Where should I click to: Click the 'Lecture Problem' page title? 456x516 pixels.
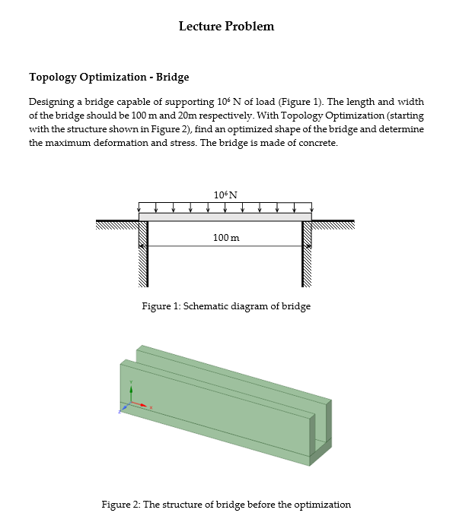click(226, 27)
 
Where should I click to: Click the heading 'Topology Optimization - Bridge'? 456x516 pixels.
click(109, 77)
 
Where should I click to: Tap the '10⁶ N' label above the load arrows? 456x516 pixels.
click(226, 195)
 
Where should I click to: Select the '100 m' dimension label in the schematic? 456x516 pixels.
click(226, 238)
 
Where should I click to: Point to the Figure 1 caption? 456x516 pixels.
click(226, 306)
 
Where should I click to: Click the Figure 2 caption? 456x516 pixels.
click(226, 504)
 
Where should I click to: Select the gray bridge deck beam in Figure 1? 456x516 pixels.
click(225, 217)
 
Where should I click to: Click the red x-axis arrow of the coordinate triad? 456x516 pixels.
click(142, 404)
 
